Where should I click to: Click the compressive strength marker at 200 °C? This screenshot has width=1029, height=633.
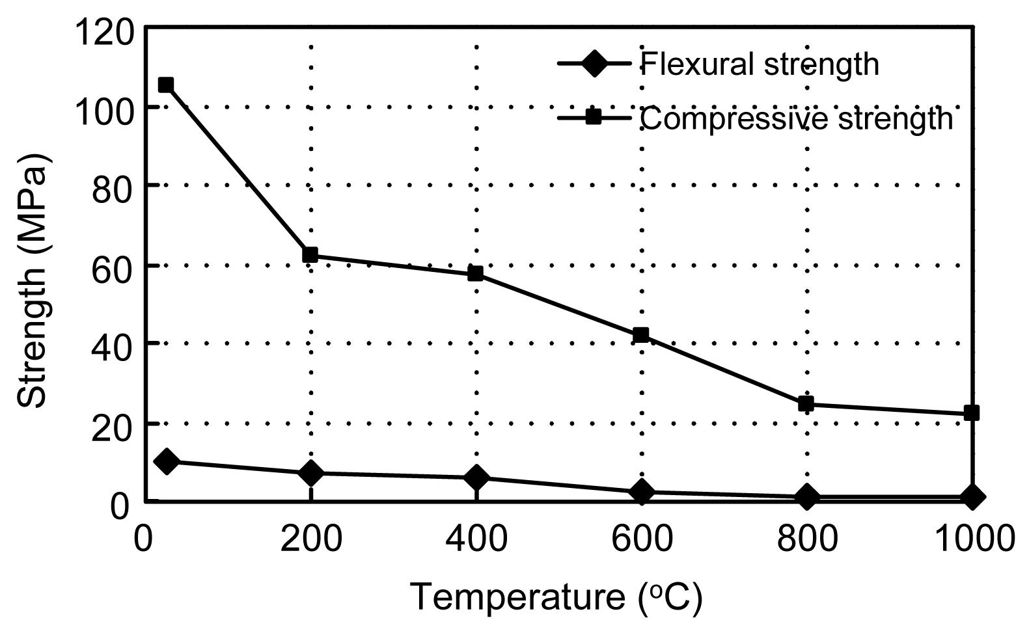(x=310, y=254)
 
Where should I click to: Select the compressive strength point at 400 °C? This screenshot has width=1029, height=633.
(x=476, y=273)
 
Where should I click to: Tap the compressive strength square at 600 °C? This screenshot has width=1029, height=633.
(x=641, y=335)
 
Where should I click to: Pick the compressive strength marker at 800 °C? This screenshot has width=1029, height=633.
(x=806, y=404)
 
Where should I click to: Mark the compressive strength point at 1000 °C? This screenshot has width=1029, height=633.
(x=971, y=412)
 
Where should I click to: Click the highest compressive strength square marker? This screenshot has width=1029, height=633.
(x=166, y=85)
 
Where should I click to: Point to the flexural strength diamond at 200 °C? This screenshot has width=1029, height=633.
(x=310, y=473)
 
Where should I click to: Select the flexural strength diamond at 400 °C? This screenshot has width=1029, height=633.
(x=476, y=478)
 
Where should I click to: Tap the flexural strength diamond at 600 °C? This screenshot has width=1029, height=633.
(x=641, y=492)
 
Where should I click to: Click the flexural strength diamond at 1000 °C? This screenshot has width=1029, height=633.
(x=971, y=498)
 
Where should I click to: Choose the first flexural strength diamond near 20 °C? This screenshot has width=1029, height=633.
(x=166, y=461)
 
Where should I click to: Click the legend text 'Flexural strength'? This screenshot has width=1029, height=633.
(x=760, y=64)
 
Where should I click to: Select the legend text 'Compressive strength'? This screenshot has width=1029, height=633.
(x=796, y=118)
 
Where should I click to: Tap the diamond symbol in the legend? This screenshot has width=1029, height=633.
(x=594, y=64)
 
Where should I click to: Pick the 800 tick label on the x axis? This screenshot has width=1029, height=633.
(x=806, y=539)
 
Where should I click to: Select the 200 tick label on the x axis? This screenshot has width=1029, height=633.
(x=310, y=539)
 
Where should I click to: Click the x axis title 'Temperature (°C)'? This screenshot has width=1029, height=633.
(x=556, y=597)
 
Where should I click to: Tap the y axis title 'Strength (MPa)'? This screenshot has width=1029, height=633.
(x=33, y=281)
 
